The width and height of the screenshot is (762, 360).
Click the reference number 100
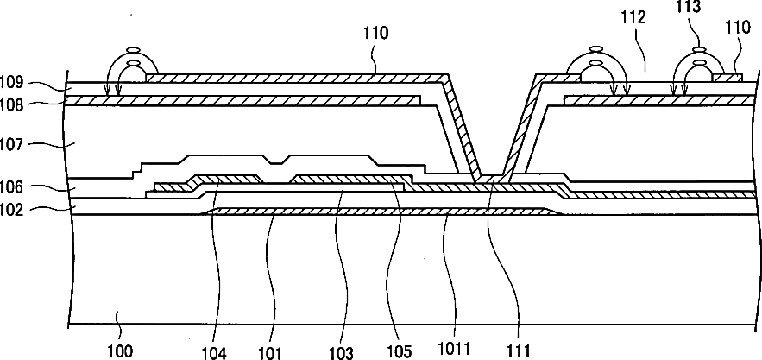pyautogui.click(x=120, y=351)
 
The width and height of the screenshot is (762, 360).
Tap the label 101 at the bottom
pyautogui.click(x=271, y=351)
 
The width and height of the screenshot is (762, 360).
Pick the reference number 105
pyautogui.click(x=400, y=351)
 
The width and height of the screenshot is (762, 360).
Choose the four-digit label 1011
pyautogui.click(x=454, y=351)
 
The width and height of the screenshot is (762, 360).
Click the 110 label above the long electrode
pyautogui.click(x=376, y=35)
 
